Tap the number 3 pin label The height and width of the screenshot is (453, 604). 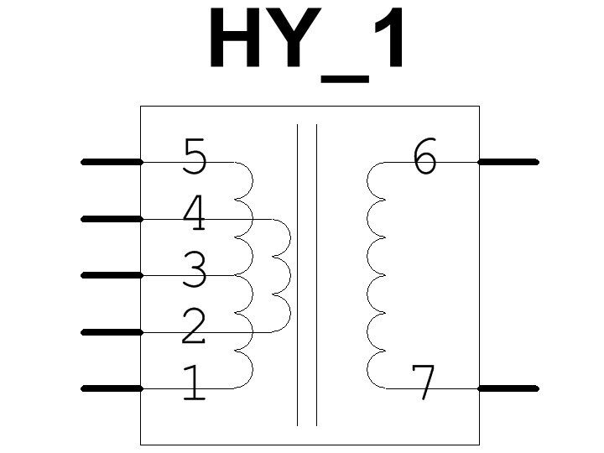click(x=194, y=269)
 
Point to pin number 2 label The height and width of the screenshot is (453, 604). click(x=194, y=326)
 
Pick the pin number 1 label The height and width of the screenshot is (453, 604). click(x=194, y=383)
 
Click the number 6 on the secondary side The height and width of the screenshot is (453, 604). click(x=425, y=156)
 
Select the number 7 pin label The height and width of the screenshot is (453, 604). click(x=425, y=383)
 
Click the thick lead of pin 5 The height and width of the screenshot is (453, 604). click(x=112, y=161)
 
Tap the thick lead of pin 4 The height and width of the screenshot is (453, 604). click(x=112, y=219)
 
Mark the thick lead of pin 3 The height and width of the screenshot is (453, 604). click(x=112, y=275)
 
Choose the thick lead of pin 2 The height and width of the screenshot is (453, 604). click(x=112, y=332)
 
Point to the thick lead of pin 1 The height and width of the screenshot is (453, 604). click(x=112, y=388)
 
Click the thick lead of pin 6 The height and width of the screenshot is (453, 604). click(x=508, y=161)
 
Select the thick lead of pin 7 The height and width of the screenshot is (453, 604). click(x=508, y=388)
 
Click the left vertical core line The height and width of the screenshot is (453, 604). click(x=297, y=275)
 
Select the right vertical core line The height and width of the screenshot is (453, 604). click(x=316, y=275)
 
